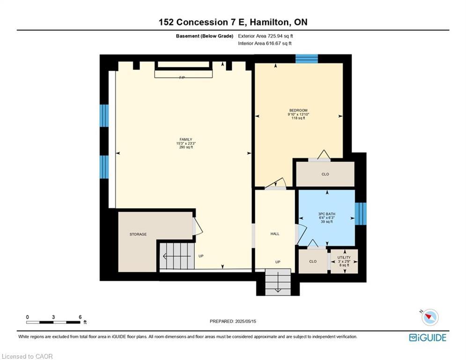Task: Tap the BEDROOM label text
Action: click(298, 110)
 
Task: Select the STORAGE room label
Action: click(138, 234)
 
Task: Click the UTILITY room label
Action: click(344, 257)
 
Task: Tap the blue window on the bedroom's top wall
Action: click(307, 59)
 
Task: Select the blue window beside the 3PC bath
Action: click(361, 214)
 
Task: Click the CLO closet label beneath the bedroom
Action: click(325, 174)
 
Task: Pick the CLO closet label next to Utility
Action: click(312, 262)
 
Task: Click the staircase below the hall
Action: click(278, 282)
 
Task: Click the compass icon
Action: click(429, 317)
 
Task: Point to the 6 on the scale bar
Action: click(80, 317)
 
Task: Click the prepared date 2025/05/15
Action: click(233, 321)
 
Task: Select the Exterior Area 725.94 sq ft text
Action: click(265, 36)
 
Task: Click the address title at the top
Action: click(233, 22)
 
